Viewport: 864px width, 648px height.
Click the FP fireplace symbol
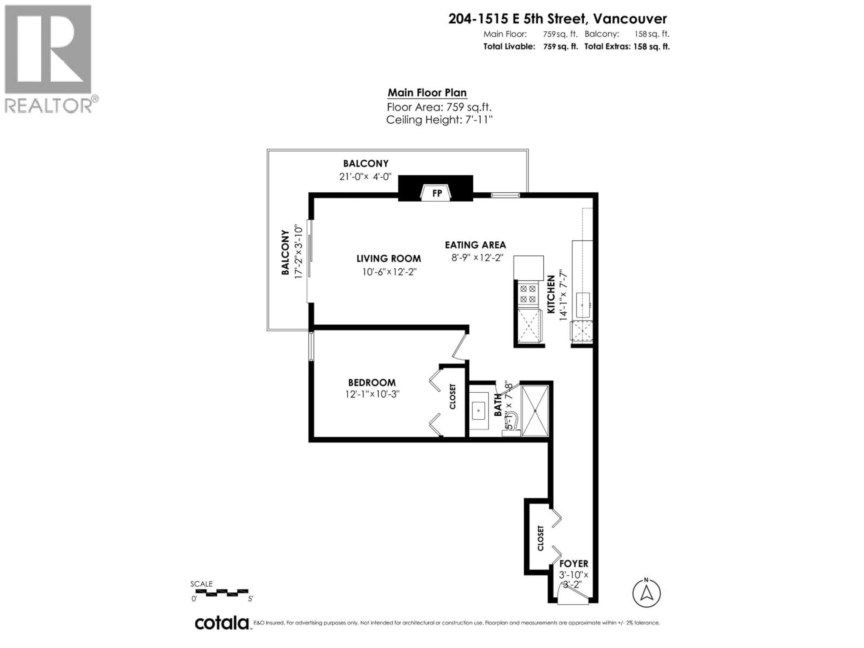pos(436,193)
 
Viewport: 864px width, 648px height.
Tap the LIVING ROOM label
pos(389,259)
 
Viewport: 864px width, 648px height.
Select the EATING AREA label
pos(475,245)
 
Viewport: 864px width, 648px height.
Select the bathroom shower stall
pos(535,411)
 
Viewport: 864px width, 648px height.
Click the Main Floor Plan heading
pos(427,93)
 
